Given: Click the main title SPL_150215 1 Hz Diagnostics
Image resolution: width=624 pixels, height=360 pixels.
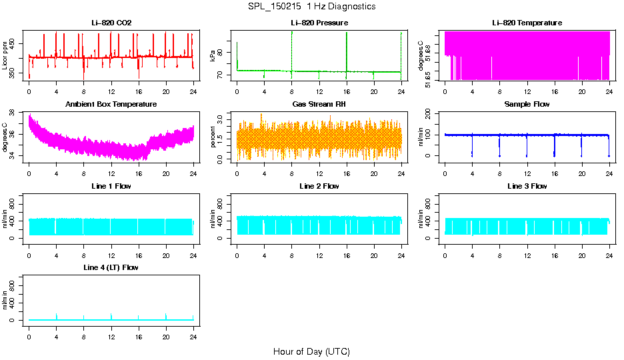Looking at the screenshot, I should (311, 6).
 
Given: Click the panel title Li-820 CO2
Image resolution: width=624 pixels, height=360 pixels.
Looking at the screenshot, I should (111, 23).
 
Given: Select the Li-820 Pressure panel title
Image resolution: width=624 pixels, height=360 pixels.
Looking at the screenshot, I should (319, 23).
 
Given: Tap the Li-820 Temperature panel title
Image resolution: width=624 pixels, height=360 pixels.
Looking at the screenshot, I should (527, 23).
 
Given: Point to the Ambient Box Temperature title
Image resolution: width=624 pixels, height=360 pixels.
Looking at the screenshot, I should (111, 104).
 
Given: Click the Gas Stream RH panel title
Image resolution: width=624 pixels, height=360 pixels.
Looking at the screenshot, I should (319, 104).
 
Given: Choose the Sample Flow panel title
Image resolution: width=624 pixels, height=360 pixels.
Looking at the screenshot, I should (527, 104).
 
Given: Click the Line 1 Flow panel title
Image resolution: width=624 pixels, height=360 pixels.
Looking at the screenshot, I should (111, 186).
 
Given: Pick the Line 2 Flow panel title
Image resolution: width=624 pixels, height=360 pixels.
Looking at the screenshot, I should (319, 186).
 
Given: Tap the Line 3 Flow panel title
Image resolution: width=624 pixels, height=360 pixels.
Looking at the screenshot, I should (527, 186).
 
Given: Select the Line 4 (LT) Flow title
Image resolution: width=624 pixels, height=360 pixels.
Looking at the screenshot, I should (111, 267).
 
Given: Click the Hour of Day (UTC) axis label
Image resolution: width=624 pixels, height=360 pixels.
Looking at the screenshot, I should (311, 351).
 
